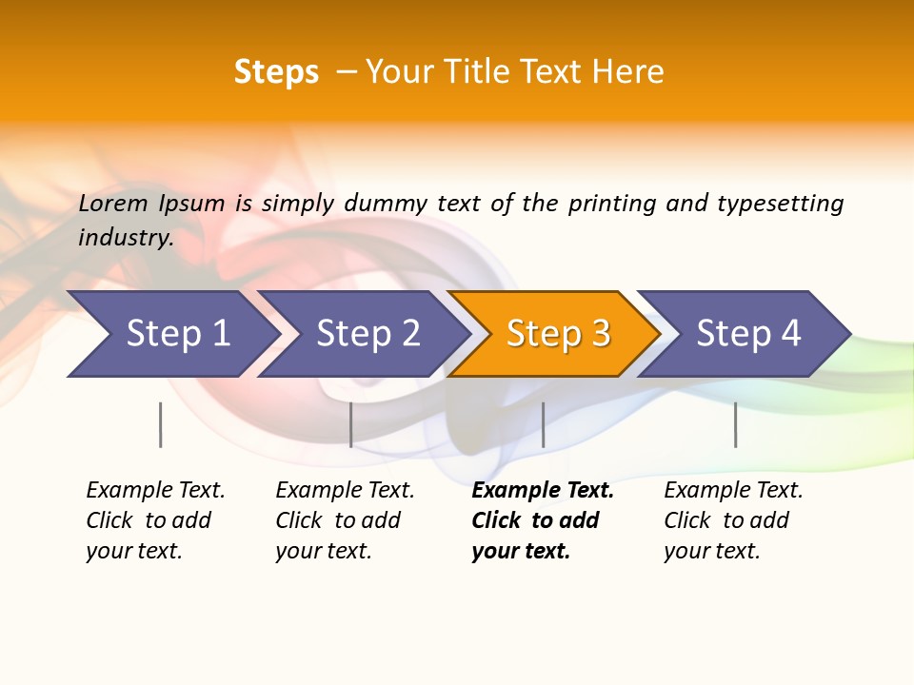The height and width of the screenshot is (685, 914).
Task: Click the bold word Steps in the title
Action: [x=276, y=72]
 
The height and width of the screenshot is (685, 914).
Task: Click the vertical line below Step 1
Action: [x=161, y=424]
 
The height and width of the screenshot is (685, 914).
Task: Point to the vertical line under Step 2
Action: [x=351, y=424]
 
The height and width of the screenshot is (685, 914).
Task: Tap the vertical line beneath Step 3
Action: [x=543, y=424]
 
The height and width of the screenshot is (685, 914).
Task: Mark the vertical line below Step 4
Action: [x=735, y=424]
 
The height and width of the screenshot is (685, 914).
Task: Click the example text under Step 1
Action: [x=154, y=520]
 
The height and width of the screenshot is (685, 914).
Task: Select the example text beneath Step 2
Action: [x=344, y=520]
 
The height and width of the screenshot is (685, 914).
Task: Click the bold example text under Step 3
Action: [x=541, y=520]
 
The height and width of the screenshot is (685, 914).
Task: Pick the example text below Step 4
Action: [x=732, y=520]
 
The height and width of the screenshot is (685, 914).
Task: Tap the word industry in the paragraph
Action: [x=125, y=238]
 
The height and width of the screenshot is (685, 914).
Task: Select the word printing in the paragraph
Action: [x=612, y=204]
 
